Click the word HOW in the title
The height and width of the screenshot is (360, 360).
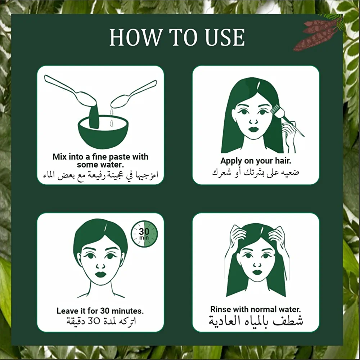coord(136,37)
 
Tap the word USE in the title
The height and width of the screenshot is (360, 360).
coord(225,37)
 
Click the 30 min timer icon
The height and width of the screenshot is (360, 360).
coord(144,234)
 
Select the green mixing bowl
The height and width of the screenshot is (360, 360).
coord(103,132)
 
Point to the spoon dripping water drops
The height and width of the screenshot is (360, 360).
coord(133,94)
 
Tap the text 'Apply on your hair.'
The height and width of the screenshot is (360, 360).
coord(256,161)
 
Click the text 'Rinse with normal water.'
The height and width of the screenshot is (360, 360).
coord(256,309)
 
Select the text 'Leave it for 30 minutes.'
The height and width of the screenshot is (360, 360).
coord(100,311)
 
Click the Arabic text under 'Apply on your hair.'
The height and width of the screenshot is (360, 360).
coord(256,172)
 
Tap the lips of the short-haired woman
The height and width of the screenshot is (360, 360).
coord(100,274)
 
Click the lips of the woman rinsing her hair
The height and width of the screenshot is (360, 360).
coord(257,272)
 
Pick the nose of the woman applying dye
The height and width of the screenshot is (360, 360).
coord(253,121)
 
